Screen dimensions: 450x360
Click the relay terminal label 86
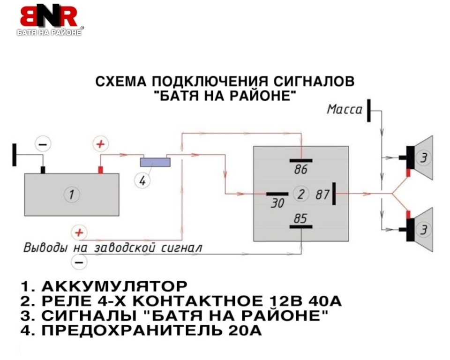301,170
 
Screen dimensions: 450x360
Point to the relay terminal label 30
277,203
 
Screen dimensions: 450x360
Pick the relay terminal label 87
322,194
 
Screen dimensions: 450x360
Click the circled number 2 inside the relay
301,194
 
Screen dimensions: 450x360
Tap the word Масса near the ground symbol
345,110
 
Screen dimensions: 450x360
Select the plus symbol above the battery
99,144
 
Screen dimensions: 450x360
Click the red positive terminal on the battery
100,169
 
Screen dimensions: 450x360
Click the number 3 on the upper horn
423,158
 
